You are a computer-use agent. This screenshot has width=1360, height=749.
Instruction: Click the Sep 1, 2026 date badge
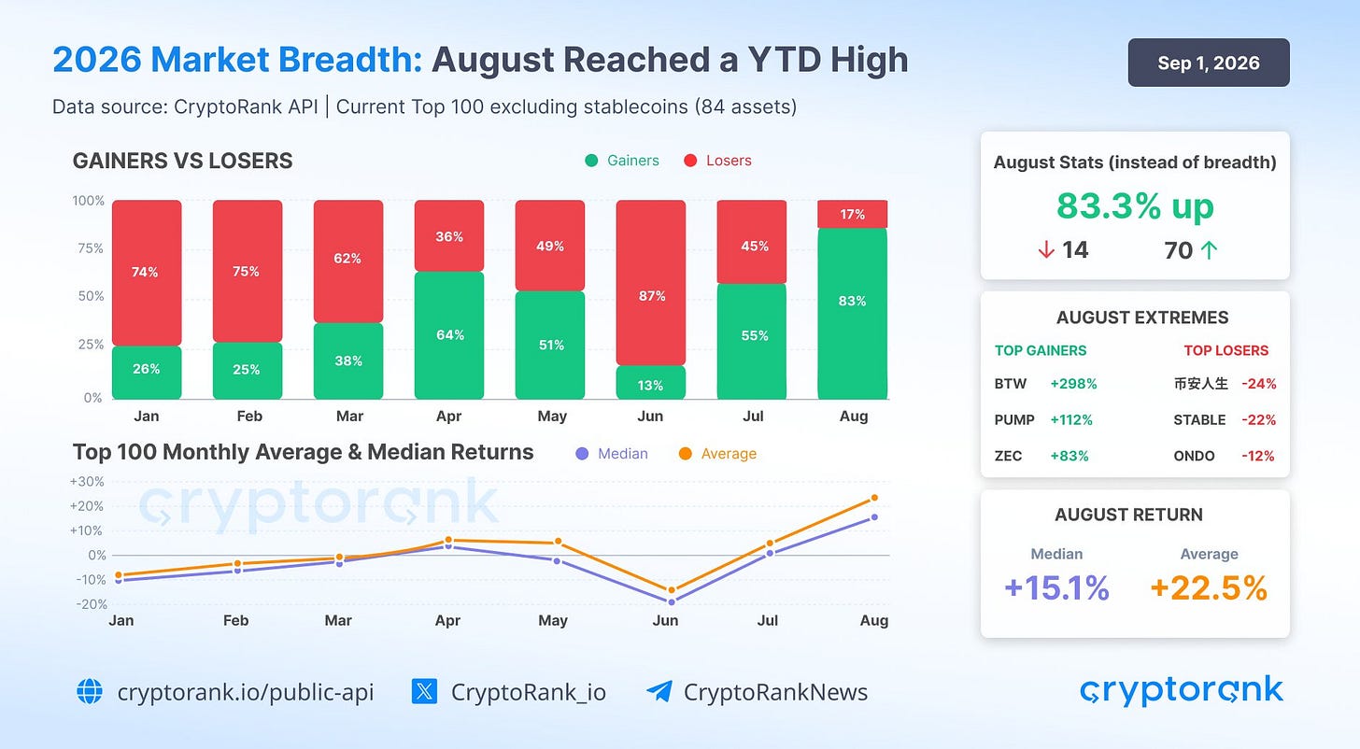(1209, 63)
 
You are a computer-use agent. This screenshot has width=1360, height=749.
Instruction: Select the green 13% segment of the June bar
(651, 382)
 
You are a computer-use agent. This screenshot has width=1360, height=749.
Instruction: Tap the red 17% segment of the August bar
(853, 214)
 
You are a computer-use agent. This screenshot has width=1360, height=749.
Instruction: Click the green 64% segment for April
(449, 335)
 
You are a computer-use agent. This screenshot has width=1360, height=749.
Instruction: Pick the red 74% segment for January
(147, 273)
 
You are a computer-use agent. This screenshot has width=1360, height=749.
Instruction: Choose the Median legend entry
(612, 454)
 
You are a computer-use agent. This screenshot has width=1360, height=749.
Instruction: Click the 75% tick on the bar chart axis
(90, 248)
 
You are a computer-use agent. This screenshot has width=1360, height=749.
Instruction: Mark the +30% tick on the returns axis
(88, 481)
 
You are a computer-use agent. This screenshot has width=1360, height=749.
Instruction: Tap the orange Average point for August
(874, 498)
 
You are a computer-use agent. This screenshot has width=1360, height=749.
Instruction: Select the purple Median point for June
(672, 602)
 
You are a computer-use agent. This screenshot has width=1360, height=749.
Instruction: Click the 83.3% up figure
(1135, 206)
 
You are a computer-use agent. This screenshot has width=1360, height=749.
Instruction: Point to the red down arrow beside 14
(1046, 249)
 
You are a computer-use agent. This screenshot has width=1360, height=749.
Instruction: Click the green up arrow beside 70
(1209, 250)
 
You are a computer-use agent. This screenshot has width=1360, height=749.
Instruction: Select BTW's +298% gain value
(1073, 384)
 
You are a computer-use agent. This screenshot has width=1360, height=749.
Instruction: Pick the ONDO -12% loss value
(1257, 456)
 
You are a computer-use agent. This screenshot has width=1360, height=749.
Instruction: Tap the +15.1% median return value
(1056, 587)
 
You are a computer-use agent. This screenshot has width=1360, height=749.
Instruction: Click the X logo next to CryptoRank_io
(424, 691)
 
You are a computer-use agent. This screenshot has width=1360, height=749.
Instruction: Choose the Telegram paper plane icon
(659, 691)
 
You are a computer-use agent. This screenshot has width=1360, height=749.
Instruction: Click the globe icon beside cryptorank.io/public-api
(90, 691)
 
